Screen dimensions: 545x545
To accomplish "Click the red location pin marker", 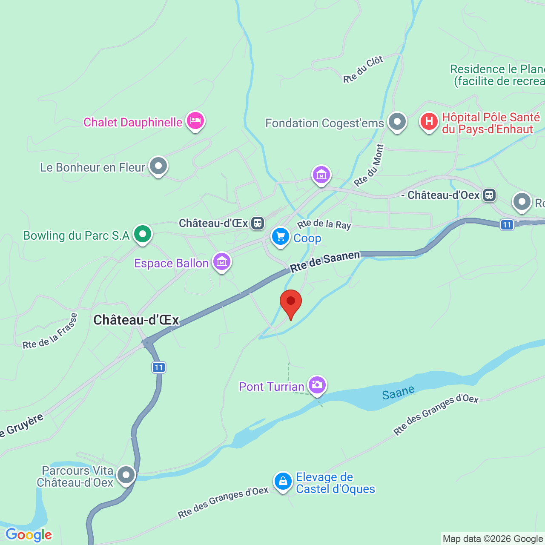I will (291, 302).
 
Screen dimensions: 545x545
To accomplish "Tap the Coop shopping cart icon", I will (280, 237).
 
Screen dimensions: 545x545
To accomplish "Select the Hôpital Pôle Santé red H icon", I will (429, 122).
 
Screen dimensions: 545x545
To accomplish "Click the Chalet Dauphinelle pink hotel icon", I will (195, 121).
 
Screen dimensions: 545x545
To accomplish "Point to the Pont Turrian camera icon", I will (317, 385).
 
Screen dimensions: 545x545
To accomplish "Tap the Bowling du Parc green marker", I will (143, 234).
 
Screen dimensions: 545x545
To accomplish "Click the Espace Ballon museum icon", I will (222, 262).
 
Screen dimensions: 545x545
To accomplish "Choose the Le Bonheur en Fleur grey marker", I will (158, 166).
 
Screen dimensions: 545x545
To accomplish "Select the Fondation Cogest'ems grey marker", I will (397, 122).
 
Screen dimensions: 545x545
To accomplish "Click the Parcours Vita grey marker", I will (126, 474).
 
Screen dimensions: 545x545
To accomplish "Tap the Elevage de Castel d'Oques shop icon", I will (283, 482).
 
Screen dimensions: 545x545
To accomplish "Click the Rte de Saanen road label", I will (325, 261).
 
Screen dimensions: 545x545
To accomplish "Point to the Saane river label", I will (398, 393).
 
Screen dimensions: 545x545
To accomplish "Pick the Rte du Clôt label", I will (363, 69).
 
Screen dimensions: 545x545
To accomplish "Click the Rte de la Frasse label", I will (50, 332).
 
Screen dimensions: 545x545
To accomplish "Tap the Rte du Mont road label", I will (369, 166).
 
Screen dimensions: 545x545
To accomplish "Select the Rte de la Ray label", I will (324, 224).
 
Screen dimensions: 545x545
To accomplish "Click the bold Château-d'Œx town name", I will (136, 320).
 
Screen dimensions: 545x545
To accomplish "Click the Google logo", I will (29, 535).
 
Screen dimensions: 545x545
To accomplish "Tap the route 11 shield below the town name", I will (159, 367).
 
